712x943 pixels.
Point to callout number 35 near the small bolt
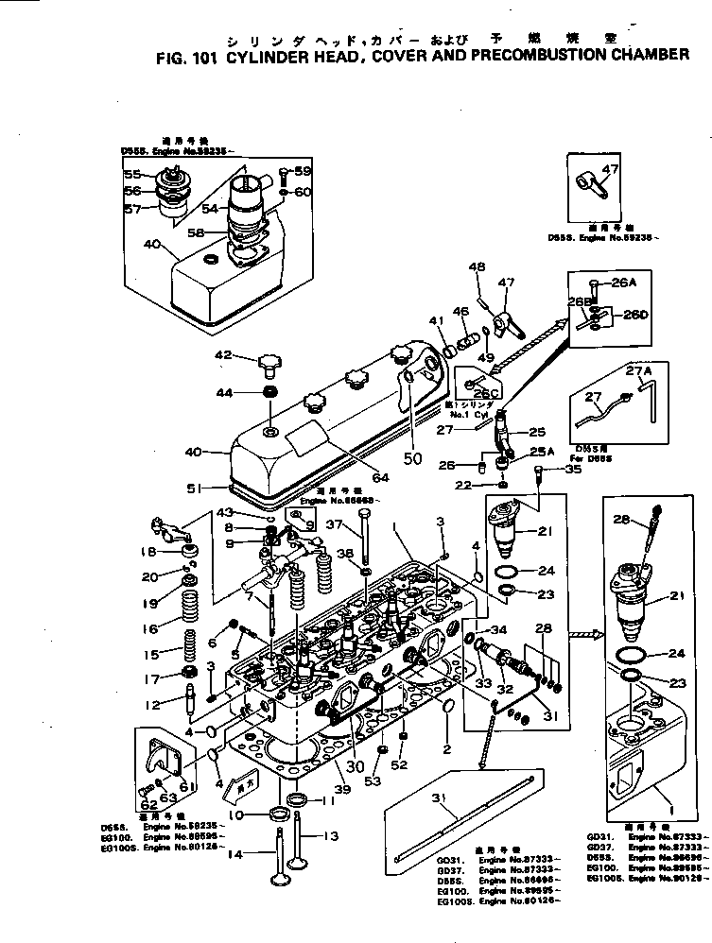573,469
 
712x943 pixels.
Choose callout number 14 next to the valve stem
234,852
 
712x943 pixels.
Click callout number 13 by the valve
331,835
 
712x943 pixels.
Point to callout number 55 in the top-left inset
132,175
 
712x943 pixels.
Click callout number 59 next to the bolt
303,171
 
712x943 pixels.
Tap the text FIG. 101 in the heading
186,56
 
